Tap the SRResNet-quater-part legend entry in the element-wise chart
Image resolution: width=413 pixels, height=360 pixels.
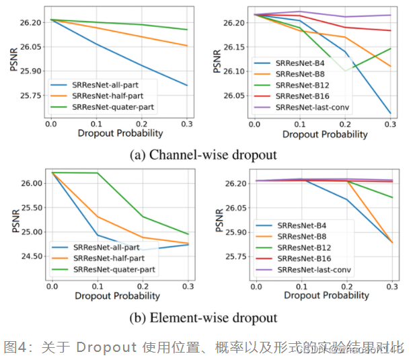pos(114,269)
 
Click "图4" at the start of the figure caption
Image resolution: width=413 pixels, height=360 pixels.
pos(15,347)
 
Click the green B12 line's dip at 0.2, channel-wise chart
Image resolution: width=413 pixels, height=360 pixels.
pos(345,71)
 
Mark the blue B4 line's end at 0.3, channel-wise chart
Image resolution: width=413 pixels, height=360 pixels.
pos(391,113)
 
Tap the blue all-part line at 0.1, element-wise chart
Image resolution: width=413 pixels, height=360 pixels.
pos(97,235)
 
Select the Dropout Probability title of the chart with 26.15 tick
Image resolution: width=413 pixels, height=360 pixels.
pos(325,134)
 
